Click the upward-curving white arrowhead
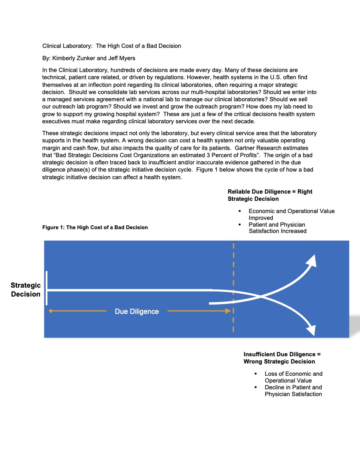[311, 261]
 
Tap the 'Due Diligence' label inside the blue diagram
[137, 311]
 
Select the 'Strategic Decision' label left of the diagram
[26, 290]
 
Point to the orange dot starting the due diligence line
[51, 311]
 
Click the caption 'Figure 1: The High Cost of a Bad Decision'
[95, 227]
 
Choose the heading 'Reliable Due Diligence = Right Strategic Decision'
[270, 195]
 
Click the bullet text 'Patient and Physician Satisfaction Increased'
[277, 227]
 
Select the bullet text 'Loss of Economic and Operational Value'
[294, 377]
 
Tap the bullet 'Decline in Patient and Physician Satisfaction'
[293, 391]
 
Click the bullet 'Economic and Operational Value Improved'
[291, 214]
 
